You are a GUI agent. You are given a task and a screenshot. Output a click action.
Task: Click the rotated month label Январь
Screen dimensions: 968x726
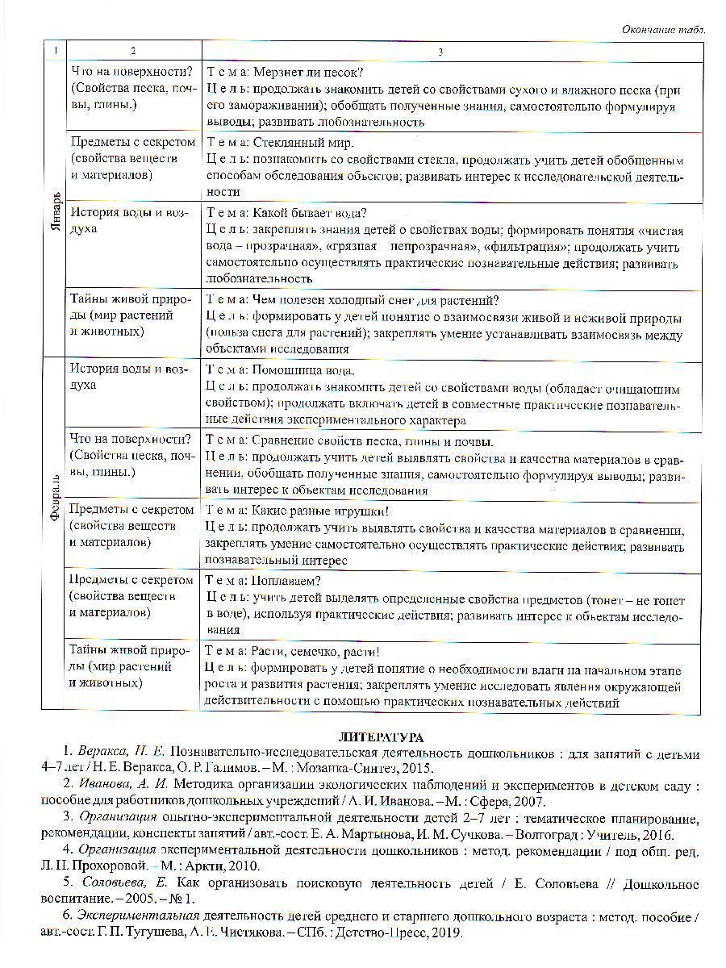pos(54,210)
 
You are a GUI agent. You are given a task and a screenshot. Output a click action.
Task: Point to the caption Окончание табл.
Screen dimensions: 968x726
pos(663,29)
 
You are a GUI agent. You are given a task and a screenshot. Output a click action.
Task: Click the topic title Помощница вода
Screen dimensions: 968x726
pos(303,371)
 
